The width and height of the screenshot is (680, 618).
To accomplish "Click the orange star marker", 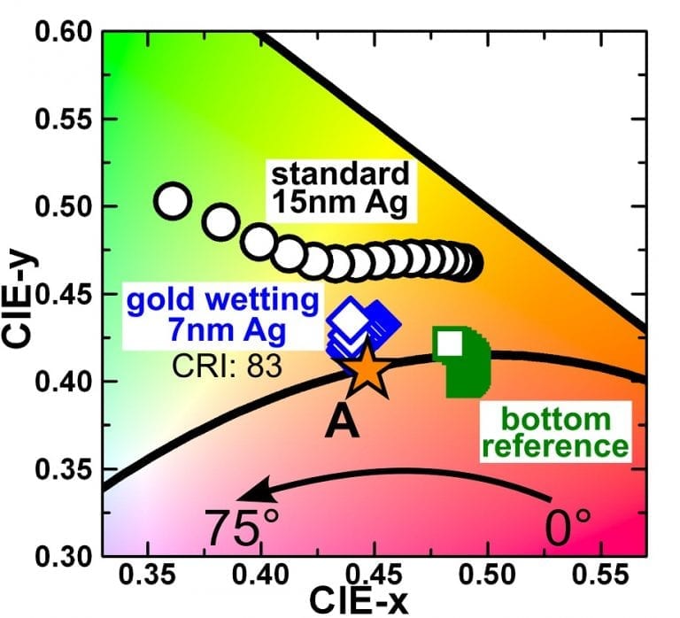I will [364, 370].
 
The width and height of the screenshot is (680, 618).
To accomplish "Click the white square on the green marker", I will [450, 343].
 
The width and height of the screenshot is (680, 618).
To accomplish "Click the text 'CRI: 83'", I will [226, 364].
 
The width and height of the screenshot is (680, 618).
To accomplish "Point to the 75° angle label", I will [236, 528].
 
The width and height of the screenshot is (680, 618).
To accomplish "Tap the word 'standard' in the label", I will [341, 174].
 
